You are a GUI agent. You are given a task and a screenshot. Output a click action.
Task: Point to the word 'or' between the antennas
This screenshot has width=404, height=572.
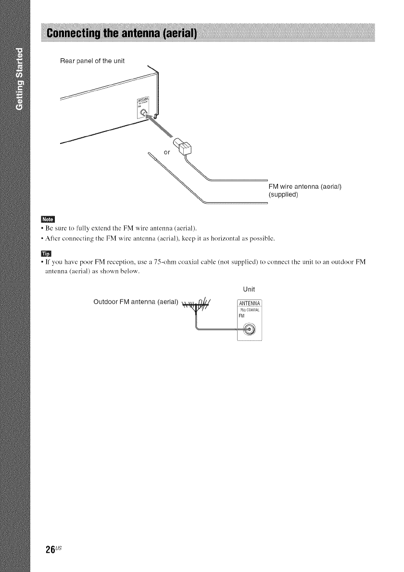(167, 152)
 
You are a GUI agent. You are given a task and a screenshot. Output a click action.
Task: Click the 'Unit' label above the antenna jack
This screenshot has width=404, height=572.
(249, 289)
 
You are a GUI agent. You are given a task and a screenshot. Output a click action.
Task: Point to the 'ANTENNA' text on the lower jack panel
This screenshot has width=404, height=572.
(249, 303)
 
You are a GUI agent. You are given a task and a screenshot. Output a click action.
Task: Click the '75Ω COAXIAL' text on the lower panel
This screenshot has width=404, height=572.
(249, 310)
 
